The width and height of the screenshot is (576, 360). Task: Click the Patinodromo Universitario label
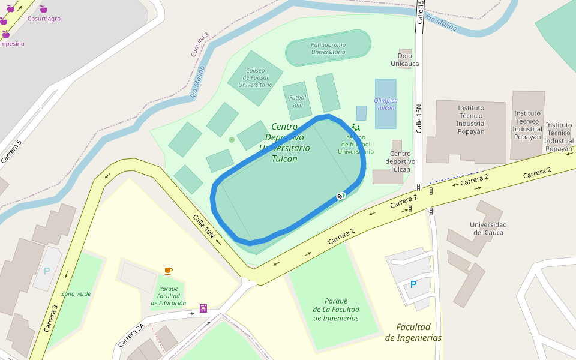pyautogui.click(x=328, y=48)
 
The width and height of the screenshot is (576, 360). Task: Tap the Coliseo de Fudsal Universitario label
pyautogui.click(x=255, y=77)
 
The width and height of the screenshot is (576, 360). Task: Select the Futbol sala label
pyautogui.click(x=298, y=101)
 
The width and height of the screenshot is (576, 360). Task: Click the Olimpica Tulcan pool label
pyautogui.click(x=385, y=104)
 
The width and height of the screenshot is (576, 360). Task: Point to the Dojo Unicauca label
pyautogui.click(x=405, y=59)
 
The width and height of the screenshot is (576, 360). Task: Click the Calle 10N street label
pyautogui.click(x=203, y=226)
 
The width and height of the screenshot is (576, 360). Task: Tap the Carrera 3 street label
pyautogui.click(x=51, y=318)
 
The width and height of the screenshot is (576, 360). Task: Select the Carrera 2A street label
pyautogui.click(x=131, y=335)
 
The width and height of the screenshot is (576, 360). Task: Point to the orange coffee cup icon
pyautogui.click(x=168, y=271)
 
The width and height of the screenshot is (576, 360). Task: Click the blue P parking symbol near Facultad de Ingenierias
pyautogui.click(x=413, y=284)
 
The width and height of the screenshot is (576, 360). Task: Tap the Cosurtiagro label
pyautogui.click(x=44, y=19)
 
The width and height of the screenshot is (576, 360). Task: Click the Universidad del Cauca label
pyautogui.click(x=488, y=229)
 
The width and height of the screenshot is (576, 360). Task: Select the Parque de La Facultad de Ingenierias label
pyautogui.click(x=336, y=310)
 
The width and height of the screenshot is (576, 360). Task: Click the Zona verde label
pyautogui.click(x=76, y=293)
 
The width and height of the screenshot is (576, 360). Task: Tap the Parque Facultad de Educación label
pyautogui.click(x=168, y=296)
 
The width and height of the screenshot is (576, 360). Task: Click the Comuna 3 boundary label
pyautogui.click(x=200, y=44)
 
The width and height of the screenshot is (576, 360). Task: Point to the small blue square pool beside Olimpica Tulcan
pyautogui.click(x=361, y=113)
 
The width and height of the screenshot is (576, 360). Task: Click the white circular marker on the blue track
pyautogui.click(x=341, y=196)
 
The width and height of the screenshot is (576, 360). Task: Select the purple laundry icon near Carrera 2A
pyautogui.click(x=203, y=308)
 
